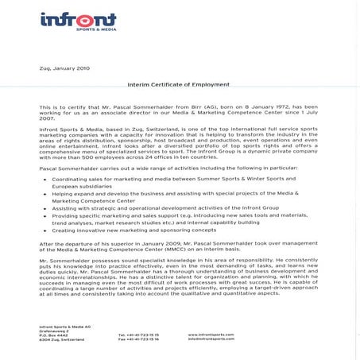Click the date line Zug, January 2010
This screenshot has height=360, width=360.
[65, 69]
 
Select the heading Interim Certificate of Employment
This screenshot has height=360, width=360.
[179, 83]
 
